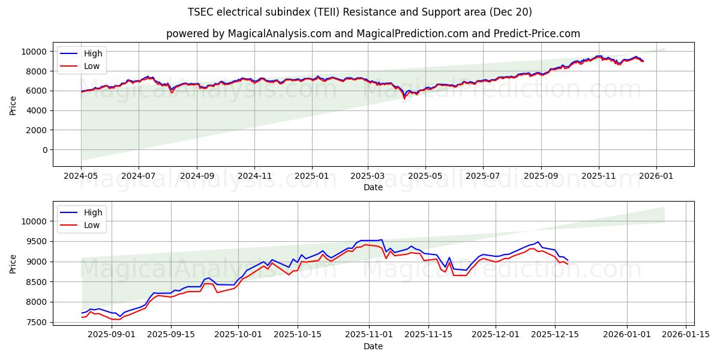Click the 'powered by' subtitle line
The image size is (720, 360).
click(x=373, y=34)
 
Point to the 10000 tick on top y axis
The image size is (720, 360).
click(x=37, y=52)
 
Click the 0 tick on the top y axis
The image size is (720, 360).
click(x=45, y=150)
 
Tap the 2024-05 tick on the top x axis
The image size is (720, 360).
click(x=81, y=177)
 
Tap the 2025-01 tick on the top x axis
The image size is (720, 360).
click(x=311, y=177)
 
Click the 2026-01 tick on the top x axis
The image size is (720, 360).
click(x=656, y=177)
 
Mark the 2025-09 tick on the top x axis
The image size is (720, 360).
click(x=541, y=177)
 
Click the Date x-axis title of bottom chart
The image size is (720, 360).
click(x=373, y=347)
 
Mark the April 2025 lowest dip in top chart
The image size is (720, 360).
click(x=404, y=98)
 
